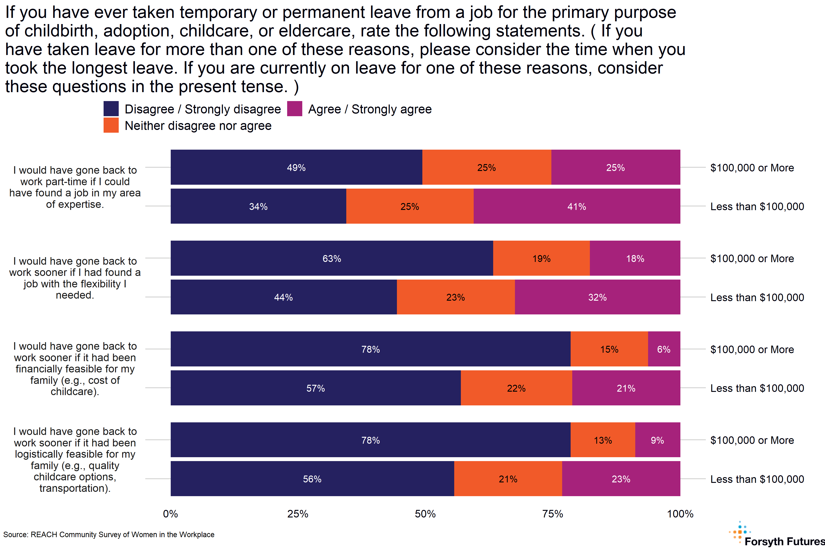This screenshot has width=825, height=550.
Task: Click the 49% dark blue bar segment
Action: click(296, 167)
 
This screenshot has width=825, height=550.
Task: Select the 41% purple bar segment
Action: click(577, 206)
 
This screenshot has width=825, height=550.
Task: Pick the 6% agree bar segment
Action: click(664, 349)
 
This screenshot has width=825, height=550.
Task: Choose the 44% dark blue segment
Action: click(283, 297)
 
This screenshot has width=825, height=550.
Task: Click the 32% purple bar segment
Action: click(597, 297)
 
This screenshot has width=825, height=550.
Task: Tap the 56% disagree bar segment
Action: click(312, 479)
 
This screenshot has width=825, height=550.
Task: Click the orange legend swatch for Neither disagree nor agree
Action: click(111, 125)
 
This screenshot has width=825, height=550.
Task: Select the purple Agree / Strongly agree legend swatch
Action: click(294, 109)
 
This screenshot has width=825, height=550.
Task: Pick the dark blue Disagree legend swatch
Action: click(111, 109)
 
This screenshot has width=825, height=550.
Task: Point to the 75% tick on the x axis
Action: click(553, 514)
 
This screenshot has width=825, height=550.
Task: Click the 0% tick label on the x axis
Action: click(170, 514)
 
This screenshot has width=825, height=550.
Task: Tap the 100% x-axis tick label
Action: click(680, 514)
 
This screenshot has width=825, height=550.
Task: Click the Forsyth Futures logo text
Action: click(784, 542)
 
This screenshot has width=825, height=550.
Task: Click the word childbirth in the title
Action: click(62, 31)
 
